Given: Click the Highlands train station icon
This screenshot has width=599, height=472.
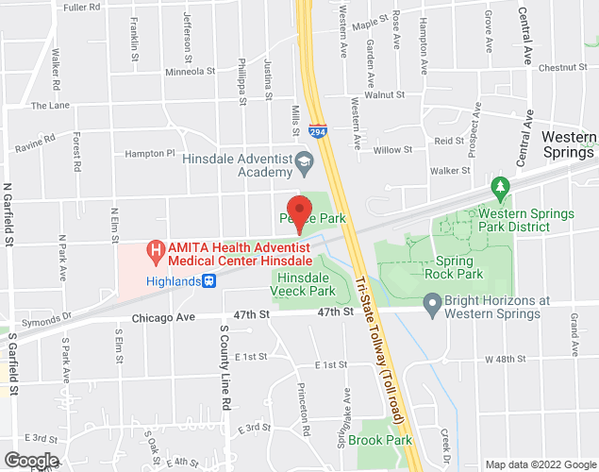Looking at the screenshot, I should (x=210, y=279).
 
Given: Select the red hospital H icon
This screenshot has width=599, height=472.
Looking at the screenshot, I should (x=155, y=249).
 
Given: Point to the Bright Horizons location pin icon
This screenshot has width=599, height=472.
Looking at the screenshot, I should (x=433, y=305).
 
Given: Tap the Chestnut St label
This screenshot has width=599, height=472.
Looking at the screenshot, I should (x=563, y=67).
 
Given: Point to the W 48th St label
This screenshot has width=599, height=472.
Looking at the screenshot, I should (x=505, y=359).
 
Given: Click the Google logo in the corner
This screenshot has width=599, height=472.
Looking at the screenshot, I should (x=30, y=461).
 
